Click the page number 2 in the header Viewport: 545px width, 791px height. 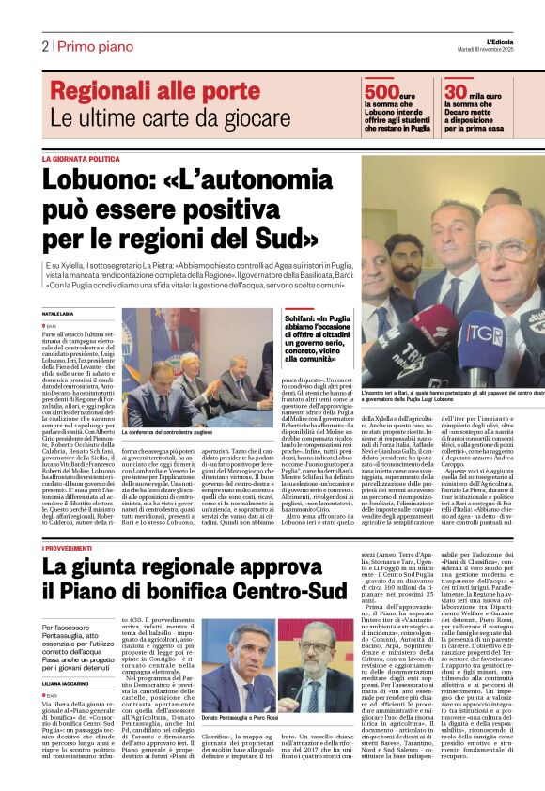click(44, 46)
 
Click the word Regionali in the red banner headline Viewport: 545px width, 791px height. click(104, 91)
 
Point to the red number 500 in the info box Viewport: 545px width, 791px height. click(381, 91)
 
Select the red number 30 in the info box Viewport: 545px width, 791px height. click(457, 91)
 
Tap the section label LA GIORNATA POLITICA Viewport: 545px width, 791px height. click(80, 159)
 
